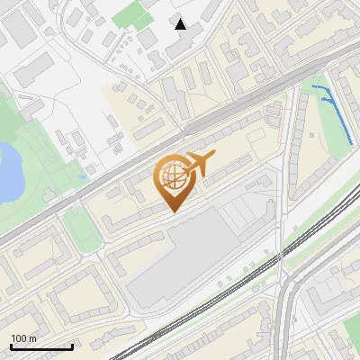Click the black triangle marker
181,24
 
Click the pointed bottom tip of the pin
174,211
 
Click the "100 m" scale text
24,338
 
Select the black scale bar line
41,346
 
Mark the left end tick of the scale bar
11,345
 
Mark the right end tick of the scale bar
72,345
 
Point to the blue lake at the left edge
7,171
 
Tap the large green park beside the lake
36,144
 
